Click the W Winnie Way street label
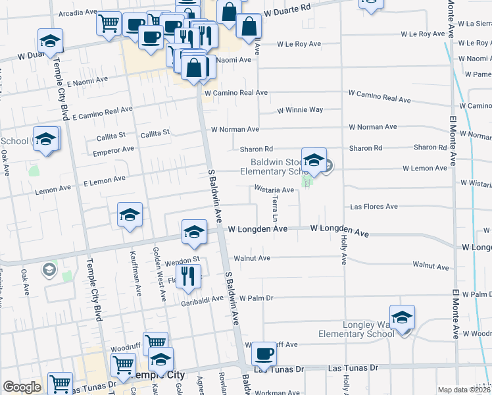pyautogui.click(x=300, y=110)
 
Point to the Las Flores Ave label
pyautogui.click(x=374, y=207)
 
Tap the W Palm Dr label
pyautogui.click(x=256, y=298)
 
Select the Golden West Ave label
pyautogui.click(x=159, y=274)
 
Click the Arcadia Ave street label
pyautogui.click(x=78, y=13)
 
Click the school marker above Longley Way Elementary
pyautogui.click(x=402, y=317)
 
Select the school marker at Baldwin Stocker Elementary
pyautogui.click(x=314, y=160)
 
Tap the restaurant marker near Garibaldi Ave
pyautogui.click(x=189, y=276)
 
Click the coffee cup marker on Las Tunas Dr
pyautogui.click(x=264, y=354)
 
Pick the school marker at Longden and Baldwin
pyautogui.click(x=194, y=232)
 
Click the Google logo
pyautogui.click(x=22, y=387)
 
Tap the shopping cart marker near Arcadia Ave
pyautogui.click(x=109, y=23)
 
